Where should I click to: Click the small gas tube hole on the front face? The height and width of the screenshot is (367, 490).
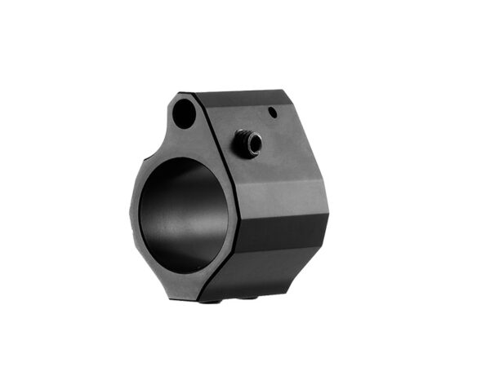coord(185,113)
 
